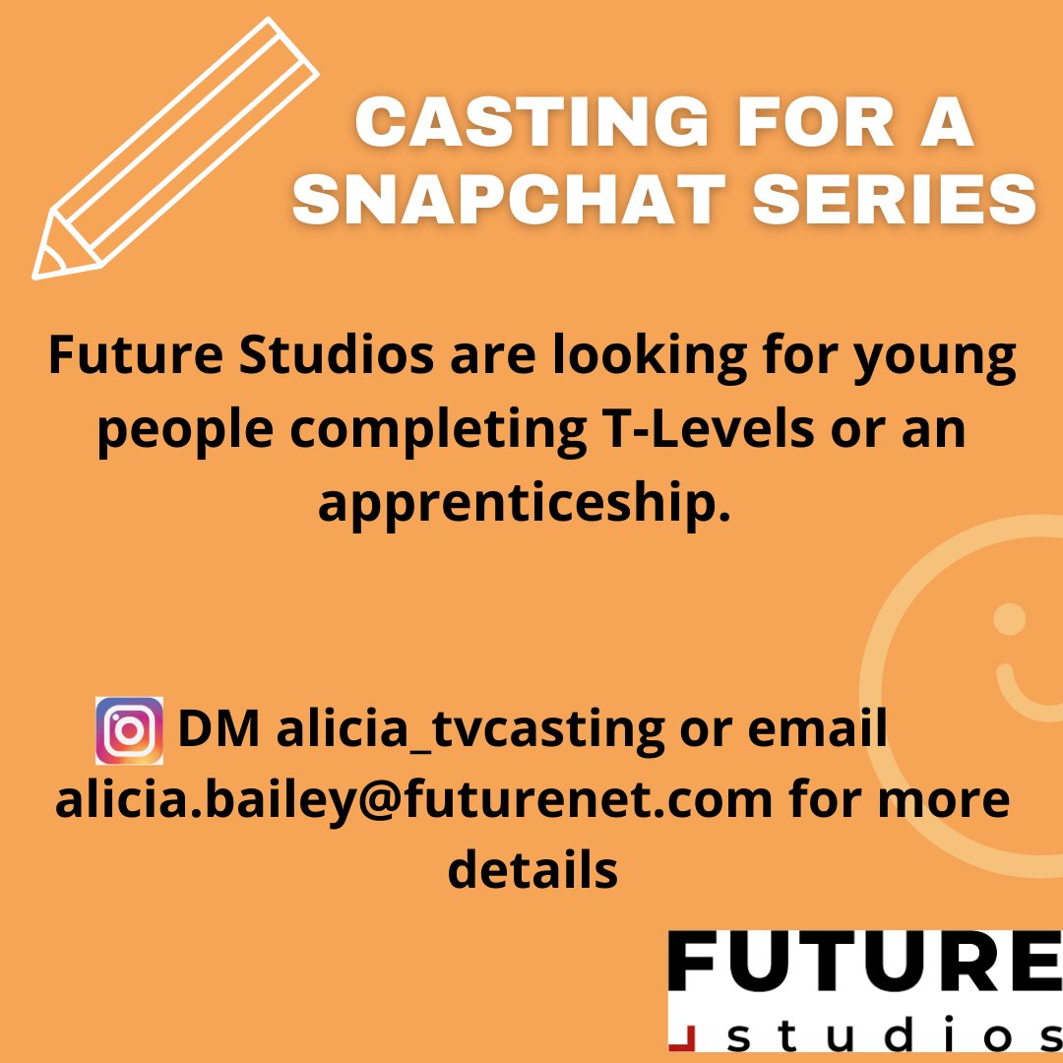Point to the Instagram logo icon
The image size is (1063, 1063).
129,730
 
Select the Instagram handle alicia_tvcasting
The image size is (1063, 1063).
470,730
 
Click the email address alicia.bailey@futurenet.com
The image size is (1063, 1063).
413,800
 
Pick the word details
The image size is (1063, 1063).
532,870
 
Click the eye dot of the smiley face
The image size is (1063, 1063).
1009,619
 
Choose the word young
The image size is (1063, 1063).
934,359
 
